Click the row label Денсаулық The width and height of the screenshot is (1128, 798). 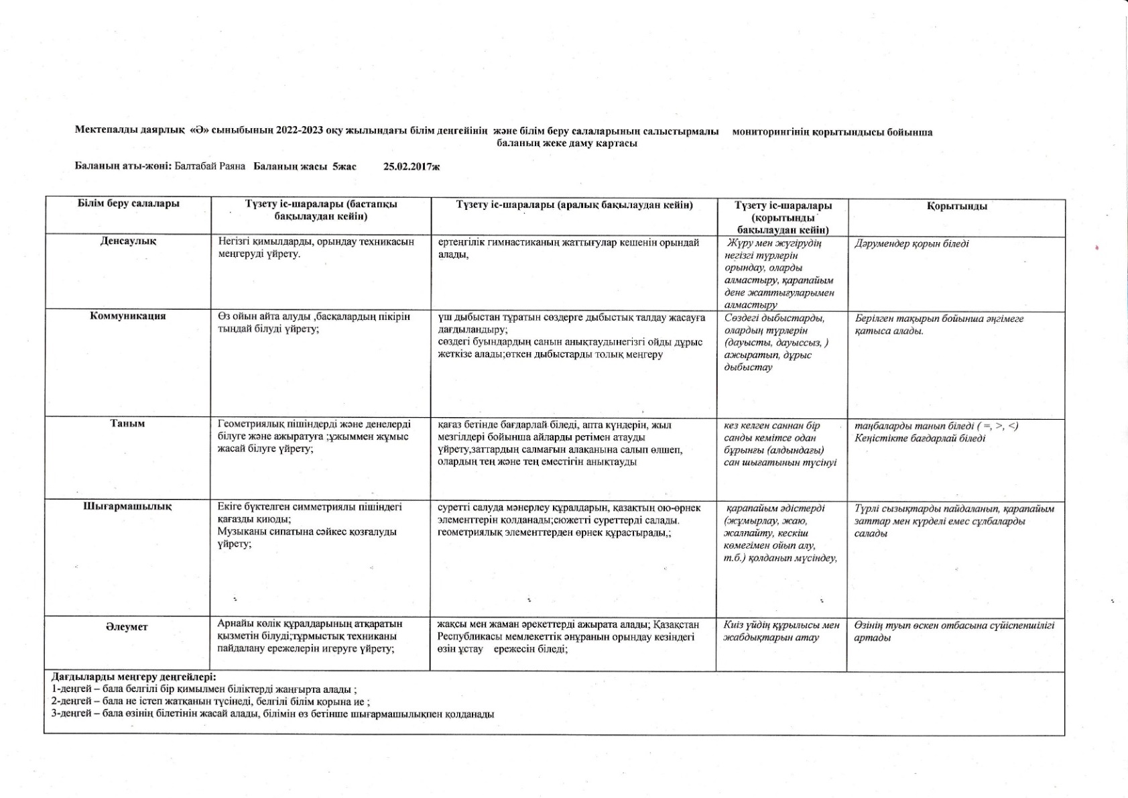click(128, 241)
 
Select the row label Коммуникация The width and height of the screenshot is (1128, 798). click(128, 316)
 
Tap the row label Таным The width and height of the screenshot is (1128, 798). click(127, 423)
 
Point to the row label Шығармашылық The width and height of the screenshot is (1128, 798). click(127, 506)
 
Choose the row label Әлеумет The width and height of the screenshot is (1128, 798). click(127, 627)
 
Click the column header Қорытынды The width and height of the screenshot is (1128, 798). click(956, 207)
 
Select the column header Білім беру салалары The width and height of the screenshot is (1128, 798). click(129, 204)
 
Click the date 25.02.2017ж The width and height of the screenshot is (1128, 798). click(412, 166)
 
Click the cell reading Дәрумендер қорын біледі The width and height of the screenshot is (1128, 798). click(912, 243)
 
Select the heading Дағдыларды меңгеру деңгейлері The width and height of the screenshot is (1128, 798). click(133, 677)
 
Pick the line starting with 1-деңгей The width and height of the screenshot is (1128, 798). click(204, 689)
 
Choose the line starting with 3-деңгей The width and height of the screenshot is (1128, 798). click(273, 714)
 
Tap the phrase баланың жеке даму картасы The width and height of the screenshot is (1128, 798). click(567, 143)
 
